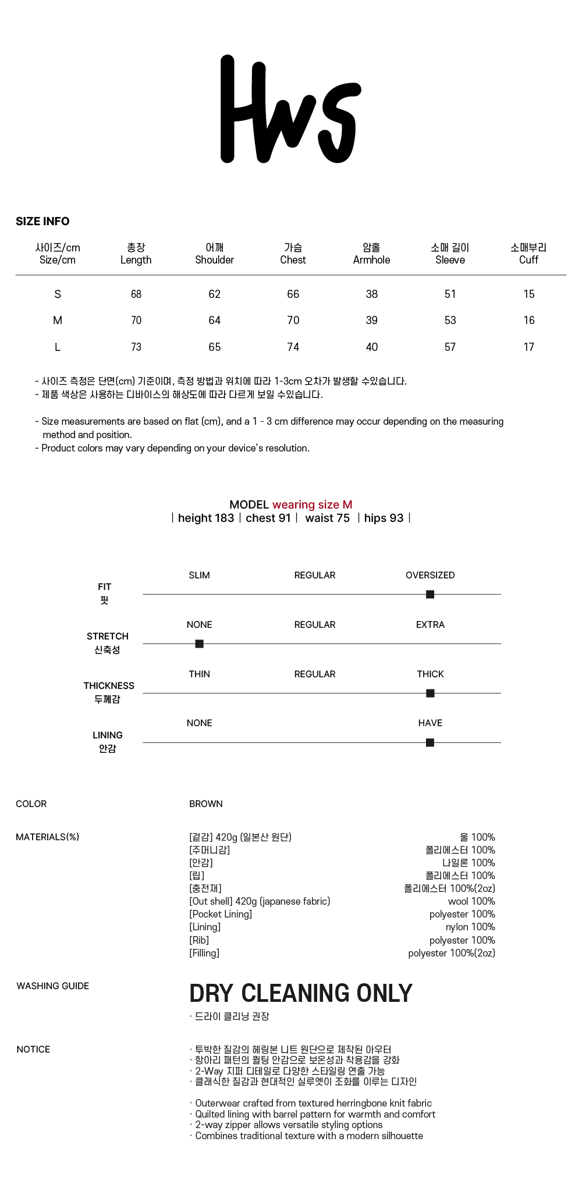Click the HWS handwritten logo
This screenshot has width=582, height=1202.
point(290,109)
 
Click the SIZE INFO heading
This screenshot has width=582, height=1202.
point(42,221)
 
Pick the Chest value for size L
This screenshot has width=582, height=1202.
point(293,347)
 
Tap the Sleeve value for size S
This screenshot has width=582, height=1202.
point(450,294)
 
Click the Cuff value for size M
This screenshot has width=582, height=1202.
point(528,320)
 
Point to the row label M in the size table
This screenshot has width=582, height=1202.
point(57,320)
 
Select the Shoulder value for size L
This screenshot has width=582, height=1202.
point(214,347)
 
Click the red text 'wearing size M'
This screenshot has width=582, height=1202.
point(312,504)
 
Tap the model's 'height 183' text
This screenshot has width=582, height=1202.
point(205,518)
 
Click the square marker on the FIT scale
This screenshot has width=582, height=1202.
point(430,594)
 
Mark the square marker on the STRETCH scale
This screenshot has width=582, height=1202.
point(199,643)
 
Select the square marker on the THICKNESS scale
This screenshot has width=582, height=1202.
point(430,693)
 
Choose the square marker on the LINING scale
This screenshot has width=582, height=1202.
point(430,742)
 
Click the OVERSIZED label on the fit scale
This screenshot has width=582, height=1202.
point(430,575)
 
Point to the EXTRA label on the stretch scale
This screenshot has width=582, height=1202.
point(430,624)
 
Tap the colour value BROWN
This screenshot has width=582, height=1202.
point(206,803)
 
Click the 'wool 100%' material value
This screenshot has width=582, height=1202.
point(471,901)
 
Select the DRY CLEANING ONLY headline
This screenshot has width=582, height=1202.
point(301,993)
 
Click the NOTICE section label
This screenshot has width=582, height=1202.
point(33,1049)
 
